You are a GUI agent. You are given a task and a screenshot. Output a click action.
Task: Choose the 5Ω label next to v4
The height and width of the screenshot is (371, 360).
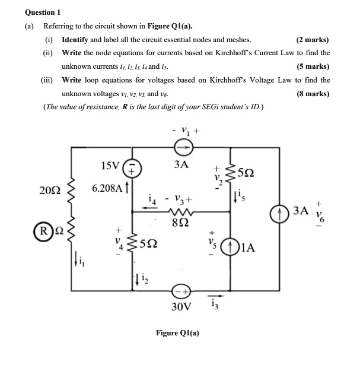[150, 243]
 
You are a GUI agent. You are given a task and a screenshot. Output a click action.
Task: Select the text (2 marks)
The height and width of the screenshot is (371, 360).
[313, 40]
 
